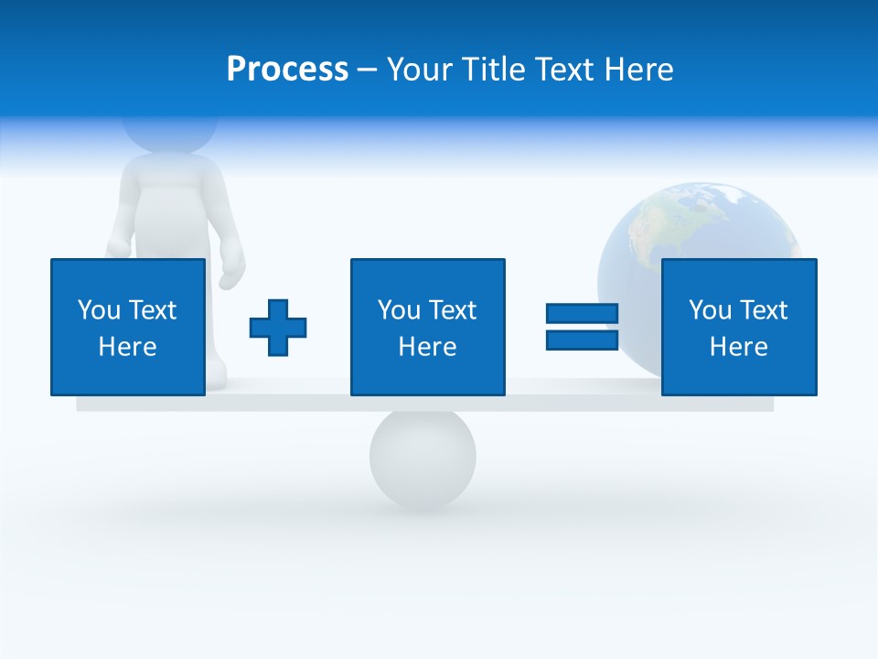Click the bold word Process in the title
click(287, 70)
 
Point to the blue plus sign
click(278, 327)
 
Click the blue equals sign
click(582, 327)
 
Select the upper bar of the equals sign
click(582, 314)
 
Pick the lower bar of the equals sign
click(582, 340)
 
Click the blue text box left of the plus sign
click(127, 327)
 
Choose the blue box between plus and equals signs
click(427, 327)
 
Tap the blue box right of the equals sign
click(738, 327)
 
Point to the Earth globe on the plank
click(695, 229)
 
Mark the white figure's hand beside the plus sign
click(232, 273)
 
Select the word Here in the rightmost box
click(738, 347)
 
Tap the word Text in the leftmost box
click(152, 310)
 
